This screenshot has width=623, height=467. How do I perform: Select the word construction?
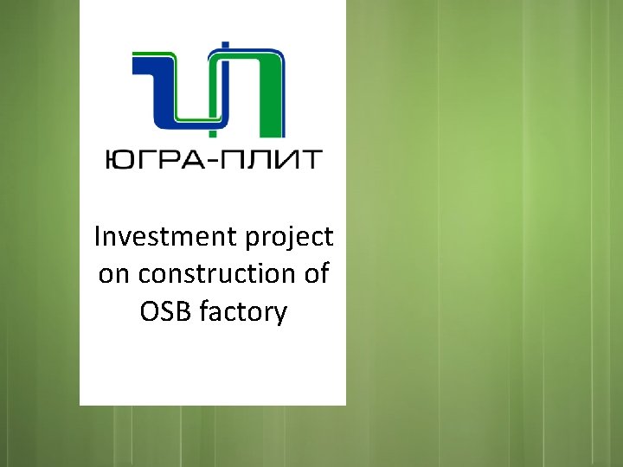tap(215, 274)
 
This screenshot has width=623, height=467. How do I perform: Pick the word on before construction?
tap(112, 275)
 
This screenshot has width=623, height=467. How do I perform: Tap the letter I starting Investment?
tap(97, 236)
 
